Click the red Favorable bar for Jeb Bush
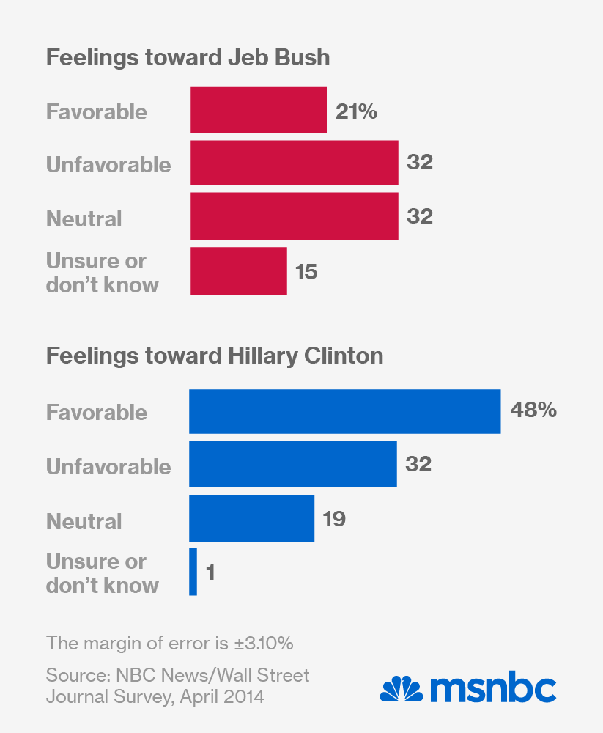pos(258,110)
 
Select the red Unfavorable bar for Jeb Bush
pos(294,163)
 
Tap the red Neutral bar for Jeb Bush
pos(294,216)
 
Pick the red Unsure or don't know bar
pos(238,271)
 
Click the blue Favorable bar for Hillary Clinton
pos(344,411)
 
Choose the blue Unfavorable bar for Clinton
pos(292,465)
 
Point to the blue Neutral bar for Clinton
pos(251,519)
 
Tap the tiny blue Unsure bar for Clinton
pos(193,572)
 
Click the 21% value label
pos(356,111)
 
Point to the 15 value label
pos(307,272)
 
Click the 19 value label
pos(333,520)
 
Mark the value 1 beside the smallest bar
pos(210,572)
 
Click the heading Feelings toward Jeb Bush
pos(188,58)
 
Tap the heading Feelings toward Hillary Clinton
pos(215,356)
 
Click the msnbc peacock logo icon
pos(401,690)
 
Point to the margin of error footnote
pos(170,644)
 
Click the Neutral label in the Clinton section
pos(84,522)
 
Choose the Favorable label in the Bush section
pos(97,112)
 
